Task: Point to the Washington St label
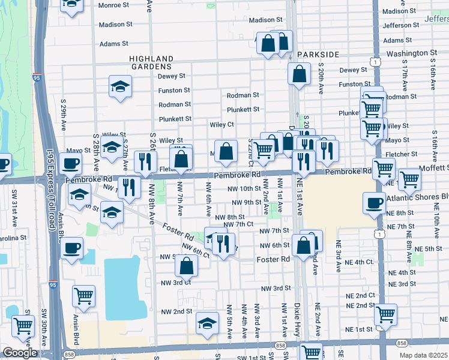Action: click(x=411, y=53)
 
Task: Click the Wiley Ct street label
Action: click(x=221, y=124)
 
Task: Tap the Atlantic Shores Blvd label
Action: click(x=419, y=196)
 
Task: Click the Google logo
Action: click(x=20, y=353)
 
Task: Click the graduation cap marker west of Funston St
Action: click(x=120, y=86)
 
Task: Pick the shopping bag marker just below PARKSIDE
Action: click(x=299, y=74)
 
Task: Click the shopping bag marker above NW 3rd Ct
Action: click(x=187, y=266)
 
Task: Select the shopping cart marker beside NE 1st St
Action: click(x=385, y=314)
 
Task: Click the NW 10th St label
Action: click(x=244, y=188)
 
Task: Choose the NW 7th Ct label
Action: click(x=238, y=224)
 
